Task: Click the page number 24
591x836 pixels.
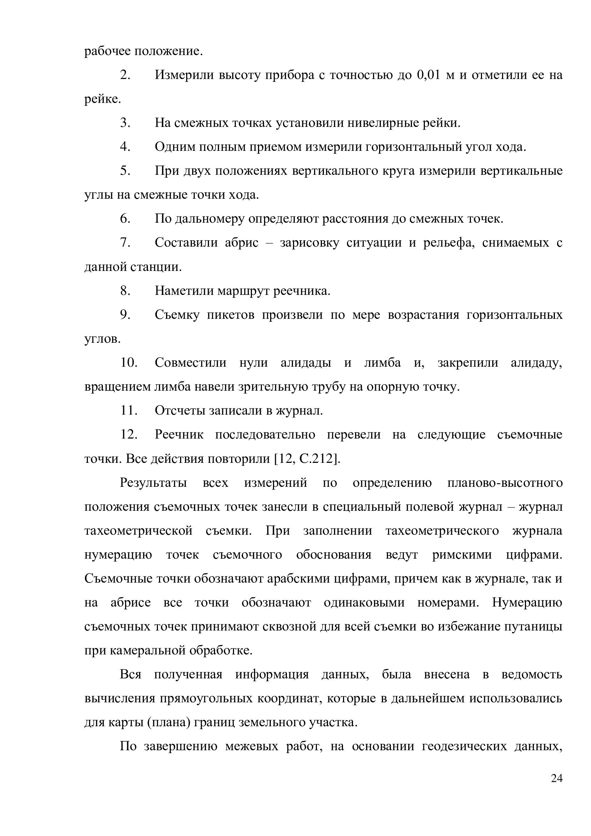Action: click(557, 789)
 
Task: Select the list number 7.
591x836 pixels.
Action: click(125, 242)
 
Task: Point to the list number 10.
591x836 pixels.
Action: click(129, 363)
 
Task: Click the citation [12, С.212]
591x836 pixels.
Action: click(307, 459)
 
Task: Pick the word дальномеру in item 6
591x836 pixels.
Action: click(209, 219)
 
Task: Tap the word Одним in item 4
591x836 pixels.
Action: click(173, 147)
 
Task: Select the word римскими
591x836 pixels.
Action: click(462, 555)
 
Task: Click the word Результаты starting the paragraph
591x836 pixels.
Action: click(153, 483)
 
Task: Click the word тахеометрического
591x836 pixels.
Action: click(442, 530)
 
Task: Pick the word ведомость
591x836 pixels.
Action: click(532, 675)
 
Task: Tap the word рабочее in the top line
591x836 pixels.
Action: click(108, 51)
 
